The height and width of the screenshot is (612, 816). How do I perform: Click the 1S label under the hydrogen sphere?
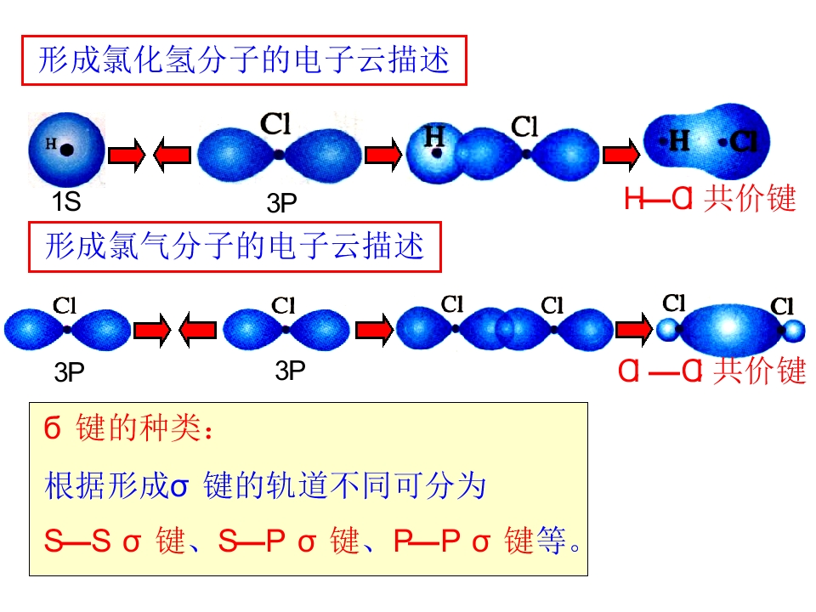tap(66, 201)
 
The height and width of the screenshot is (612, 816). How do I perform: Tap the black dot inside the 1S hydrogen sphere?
tap(66, 150)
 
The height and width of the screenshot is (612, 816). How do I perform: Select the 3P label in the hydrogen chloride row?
tap(281, 203)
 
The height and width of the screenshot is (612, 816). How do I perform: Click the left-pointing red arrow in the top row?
tap(173, 154)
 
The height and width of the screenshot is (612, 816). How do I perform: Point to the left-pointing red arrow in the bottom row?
tap(197, 330)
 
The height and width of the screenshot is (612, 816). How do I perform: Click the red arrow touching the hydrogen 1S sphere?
tap(127, 155)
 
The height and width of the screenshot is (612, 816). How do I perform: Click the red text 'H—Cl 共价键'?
tap(710, 198)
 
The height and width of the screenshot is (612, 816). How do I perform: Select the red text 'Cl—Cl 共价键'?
tap(712, 371)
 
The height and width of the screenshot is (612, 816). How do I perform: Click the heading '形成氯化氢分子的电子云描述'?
tap(244, 59)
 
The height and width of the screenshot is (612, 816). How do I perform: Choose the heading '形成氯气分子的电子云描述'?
tap(235, 246)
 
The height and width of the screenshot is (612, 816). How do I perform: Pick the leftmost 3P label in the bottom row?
tap(69, 372)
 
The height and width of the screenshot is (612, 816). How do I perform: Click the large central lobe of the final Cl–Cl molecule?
tap(729, 329)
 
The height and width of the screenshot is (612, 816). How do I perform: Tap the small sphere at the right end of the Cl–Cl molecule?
tap(794, 331)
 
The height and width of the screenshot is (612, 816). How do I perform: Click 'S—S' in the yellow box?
tap(77, 541)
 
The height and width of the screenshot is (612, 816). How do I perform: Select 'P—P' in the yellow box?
tap(427, 541)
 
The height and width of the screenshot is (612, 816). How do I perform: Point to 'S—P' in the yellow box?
tap(252, 541)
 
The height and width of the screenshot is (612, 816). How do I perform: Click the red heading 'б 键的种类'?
tap(128, 428)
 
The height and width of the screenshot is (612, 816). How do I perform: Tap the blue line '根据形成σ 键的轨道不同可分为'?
tap(265, 486)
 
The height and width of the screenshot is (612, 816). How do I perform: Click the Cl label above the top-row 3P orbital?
tap(275, 124)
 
